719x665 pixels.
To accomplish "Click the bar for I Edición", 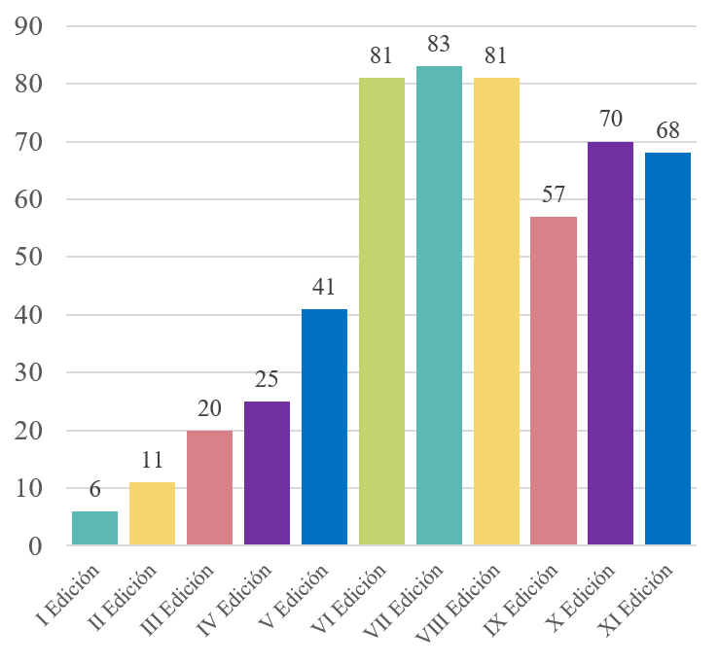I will (94, 528).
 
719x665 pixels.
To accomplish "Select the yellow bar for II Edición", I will (152, 513).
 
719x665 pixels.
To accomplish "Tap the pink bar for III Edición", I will (209, 487).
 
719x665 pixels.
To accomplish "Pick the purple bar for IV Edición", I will (267, 472).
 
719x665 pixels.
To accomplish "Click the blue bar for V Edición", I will (324, 427).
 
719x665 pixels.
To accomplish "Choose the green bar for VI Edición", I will (381, 311).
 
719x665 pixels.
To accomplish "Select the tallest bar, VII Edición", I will (439, 305).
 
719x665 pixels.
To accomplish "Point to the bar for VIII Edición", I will (496, 311).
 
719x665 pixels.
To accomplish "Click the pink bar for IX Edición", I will (554, 380).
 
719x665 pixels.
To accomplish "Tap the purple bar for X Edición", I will (611, 343).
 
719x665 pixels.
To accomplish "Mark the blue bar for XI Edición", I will (668, 349).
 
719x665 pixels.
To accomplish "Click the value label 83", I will (439, 45).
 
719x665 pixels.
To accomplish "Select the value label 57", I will (554, 194).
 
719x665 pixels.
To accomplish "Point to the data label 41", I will (324, 287).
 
